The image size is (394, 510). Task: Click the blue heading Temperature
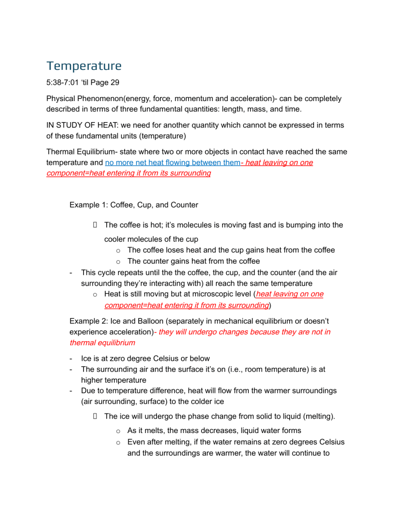pyautogui.click(x=84, y=66)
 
